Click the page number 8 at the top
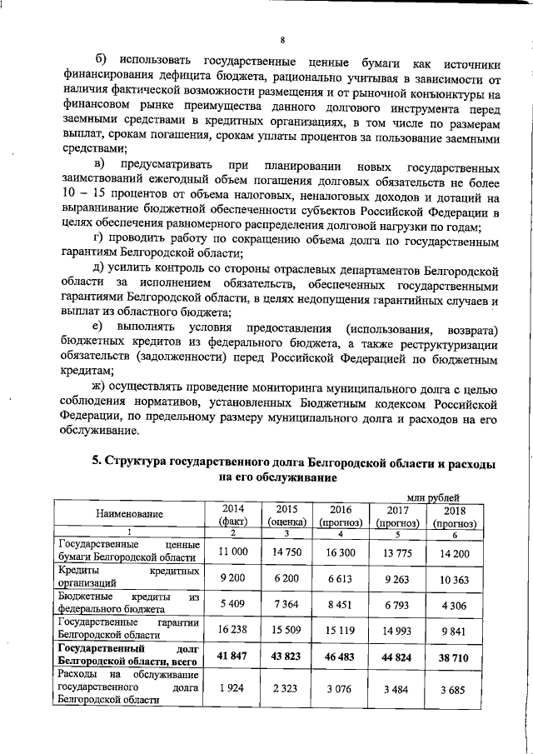pyautogui.click(x=282, y=39)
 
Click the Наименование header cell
pyautogui.click(x=129, y=517)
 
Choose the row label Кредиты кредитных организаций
pyautogui.click(x=129, y=578)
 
